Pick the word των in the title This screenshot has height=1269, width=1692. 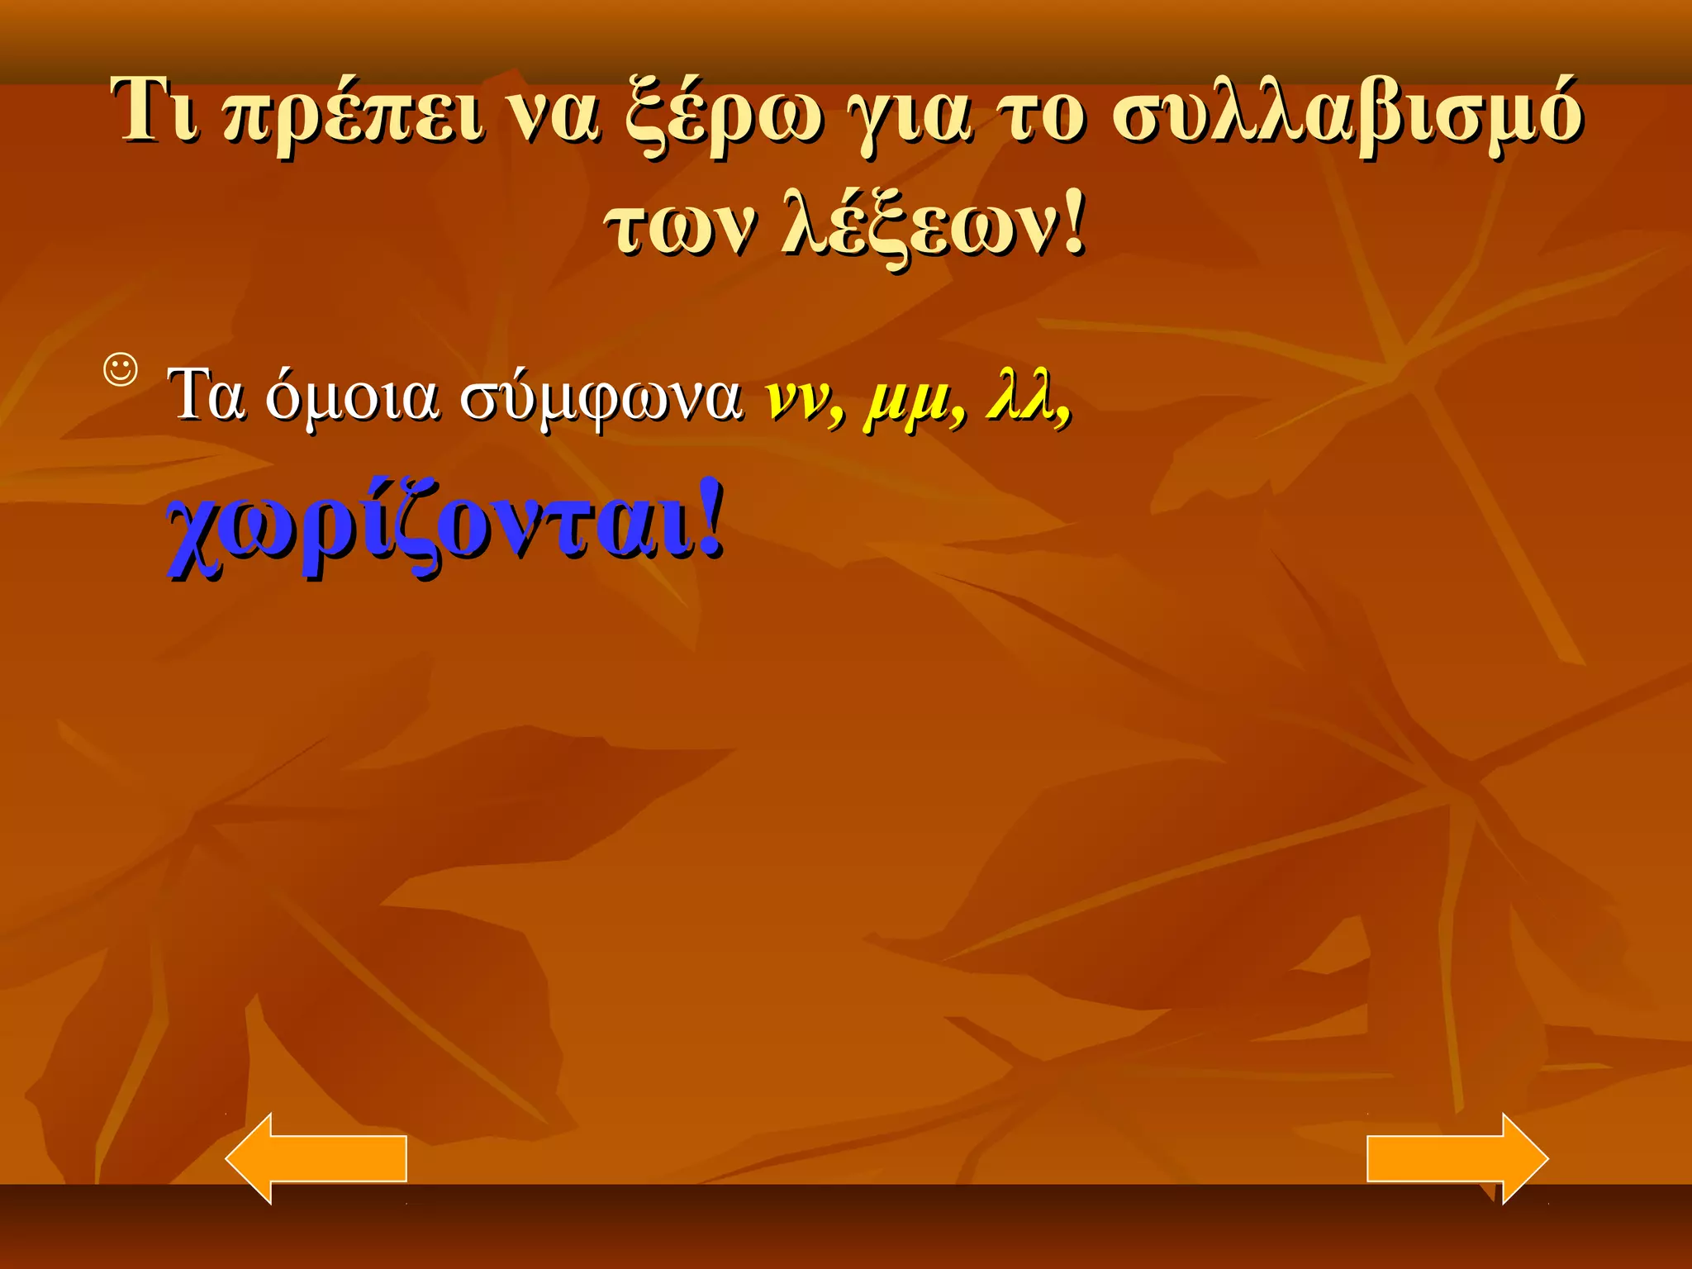[679, 226]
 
